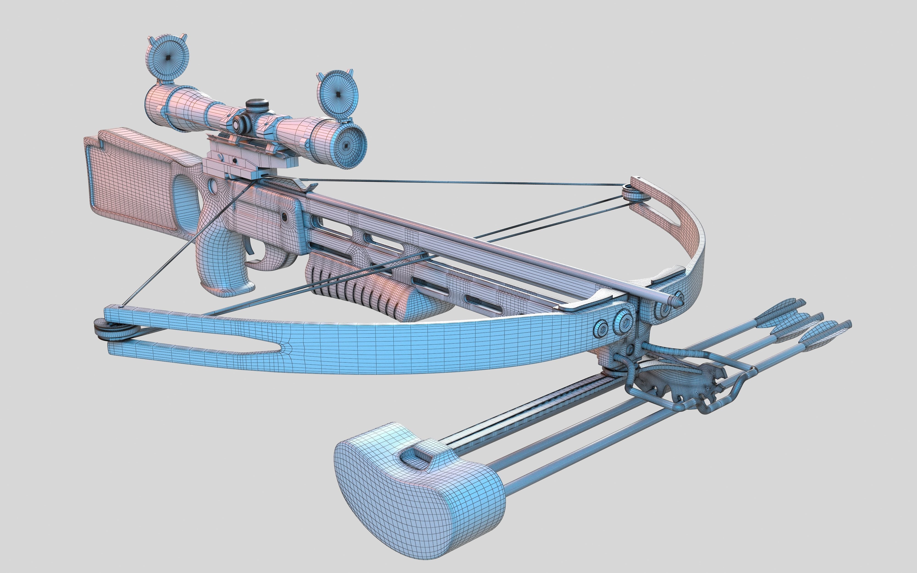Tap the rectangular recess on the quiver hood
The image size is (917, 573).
click(417, 456)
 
